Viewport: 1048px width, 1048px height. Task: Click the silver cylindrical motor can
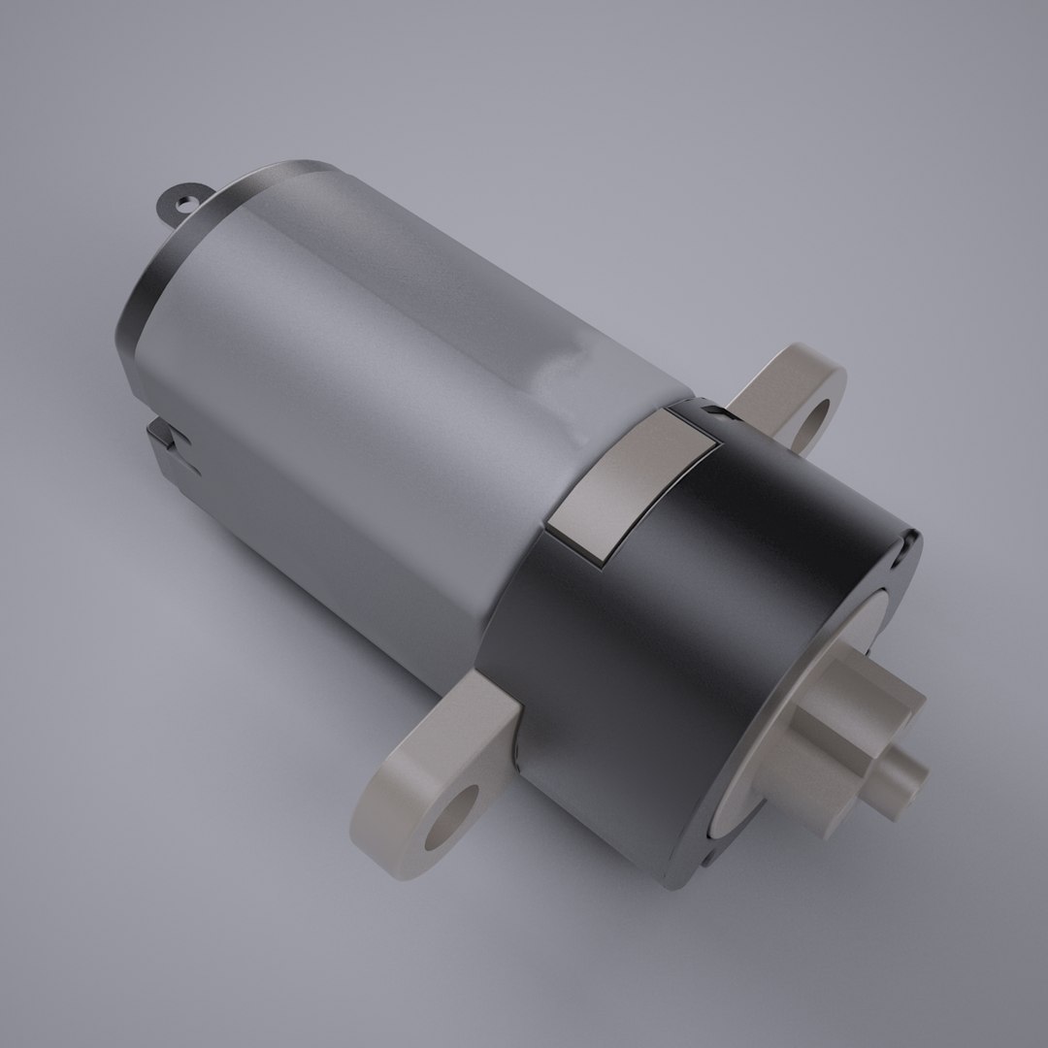369,388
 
